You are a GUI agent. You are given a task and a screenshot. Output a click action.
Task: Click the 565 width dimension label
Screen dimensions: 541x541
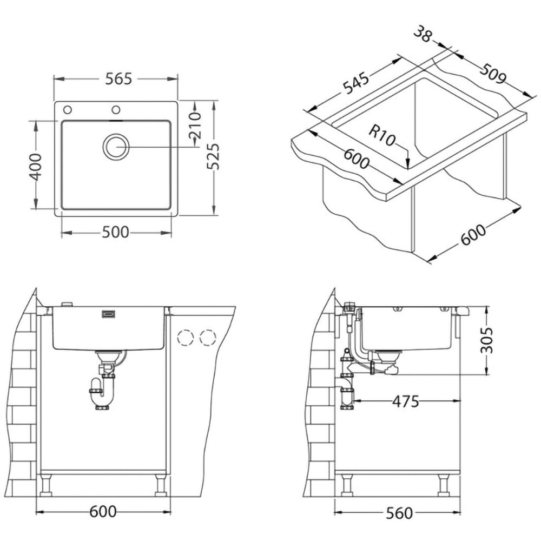coord(118,79)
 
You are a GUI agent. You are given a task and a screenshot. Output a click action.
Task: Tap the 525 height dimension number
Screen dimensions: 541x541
coord(213,156)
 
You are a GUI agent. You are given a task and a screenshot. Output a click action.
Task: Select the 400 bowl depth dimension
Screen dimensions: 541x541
coord(36,167)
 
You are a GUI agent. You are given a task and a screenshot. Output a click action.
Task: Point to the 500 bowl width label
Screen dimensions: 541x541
coord(116,233)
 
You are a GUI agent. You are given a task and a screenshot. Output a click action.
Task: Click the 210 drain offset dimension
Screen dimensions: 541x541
coord(196,124)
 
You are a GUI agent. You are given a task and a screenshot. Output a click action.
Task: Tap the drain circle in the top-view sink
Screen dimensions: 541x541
coord(116,147)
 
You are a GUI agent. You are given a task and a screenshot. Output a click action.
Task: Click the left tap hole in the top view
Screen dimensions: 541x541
coord(68,110)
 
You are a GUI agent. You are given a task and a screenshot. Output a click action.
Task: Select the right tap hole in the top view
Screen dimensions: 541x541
coord(116,110)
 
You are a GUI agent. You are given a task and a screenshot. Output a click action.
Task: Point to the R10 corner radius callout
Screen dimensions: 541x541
coord(381,135)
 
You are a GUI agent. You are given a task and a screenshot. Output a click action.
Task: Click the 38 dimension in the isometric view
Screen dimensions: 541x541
coord(422,34)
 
